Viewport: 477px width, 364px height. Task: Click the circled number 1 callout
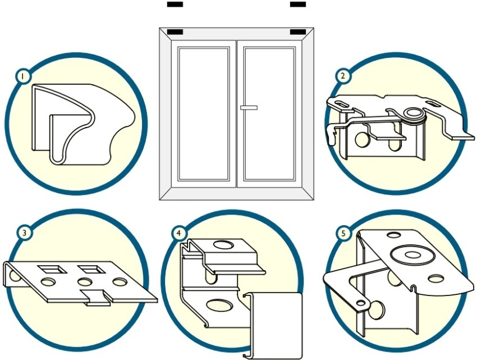click(x=23, y=76)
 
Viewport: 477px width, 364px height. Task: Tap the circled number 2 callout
click(x=343, y=76)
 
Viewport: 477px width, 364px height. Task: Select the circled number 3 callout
click(x=24, y=233)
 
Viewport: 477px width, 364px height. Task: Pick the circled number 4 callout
click(x=178, y=234)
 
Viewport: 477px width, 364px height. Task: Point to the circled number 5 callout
click(x=343, y=234)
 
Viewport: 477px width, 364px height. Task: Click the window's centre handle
click(x=249, y=107)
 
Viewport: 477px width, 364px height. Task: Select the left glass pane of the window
click(x=204, y=113)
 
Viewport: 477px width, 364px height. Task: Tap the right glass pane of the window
click(x=269, y=113)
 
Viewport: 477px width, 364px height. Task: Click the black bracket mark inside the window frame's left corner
click(x=175, y=31)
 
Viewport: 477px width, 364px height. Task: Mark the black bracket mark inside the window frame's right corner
click(x=298, y=31)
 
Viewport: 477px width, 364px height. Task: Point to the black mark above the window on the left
click(x=175, y=4)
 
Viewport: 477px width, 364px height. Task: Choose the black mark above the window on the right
click(x=298, y=4)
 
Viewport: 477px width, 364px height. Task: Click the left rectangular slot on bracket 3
click(x=52, y=269)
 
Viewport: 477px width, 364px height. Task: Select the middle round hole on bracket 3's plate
click(x=85, y=282)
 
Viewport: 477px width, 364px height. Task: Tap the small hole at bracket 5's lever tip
click(x=361, y=303)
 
